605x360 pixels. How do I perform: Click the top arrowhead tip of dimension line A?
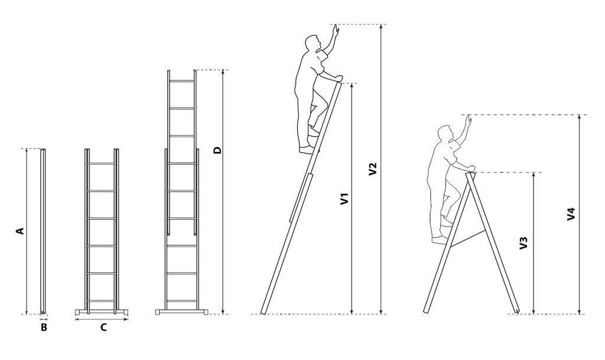click(27, 149)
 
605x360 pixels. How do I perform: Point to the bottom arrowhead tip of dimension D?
click(223, 314)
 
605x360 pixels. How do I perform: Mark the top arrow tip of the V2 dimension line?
click(381, 25)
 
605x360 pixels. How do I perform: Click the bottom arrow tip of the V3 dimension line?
click(534, 314)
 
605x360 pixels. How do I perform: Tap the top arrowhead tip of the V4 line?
click(579, 115)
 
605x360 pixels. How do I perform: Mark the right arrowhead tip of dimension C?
click(128, 319)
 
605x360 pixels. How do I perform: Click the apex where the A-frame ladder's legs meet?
click(470, 173)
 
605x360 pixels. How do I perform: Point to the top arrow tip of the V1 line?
click(352, 83)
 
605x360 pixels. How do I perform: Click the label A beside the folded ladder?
click(19, 231)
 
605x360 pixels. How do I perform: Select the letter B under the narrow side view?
click(44, 327)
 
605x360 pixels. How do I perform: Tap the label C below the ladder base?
click(103, 327)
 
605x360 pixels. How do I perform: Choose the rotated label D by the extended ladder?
click(218, 150)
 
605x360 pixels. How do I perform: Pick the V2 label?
click(372, 170)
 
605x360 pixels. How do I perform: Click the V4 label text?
click(571, 214)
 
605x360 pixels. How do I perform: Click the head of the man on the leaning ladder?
click(312, 43)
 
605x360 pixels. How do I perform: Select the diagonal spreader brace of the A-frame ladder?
click(468, 238)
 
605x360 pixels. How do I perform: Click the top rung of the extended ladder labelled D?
click(182, 80)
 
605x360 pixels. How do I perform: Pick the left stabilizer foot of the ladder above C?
click(80, 312)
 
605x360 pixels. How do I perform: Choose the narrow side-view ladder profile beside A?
click(43, 231)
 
